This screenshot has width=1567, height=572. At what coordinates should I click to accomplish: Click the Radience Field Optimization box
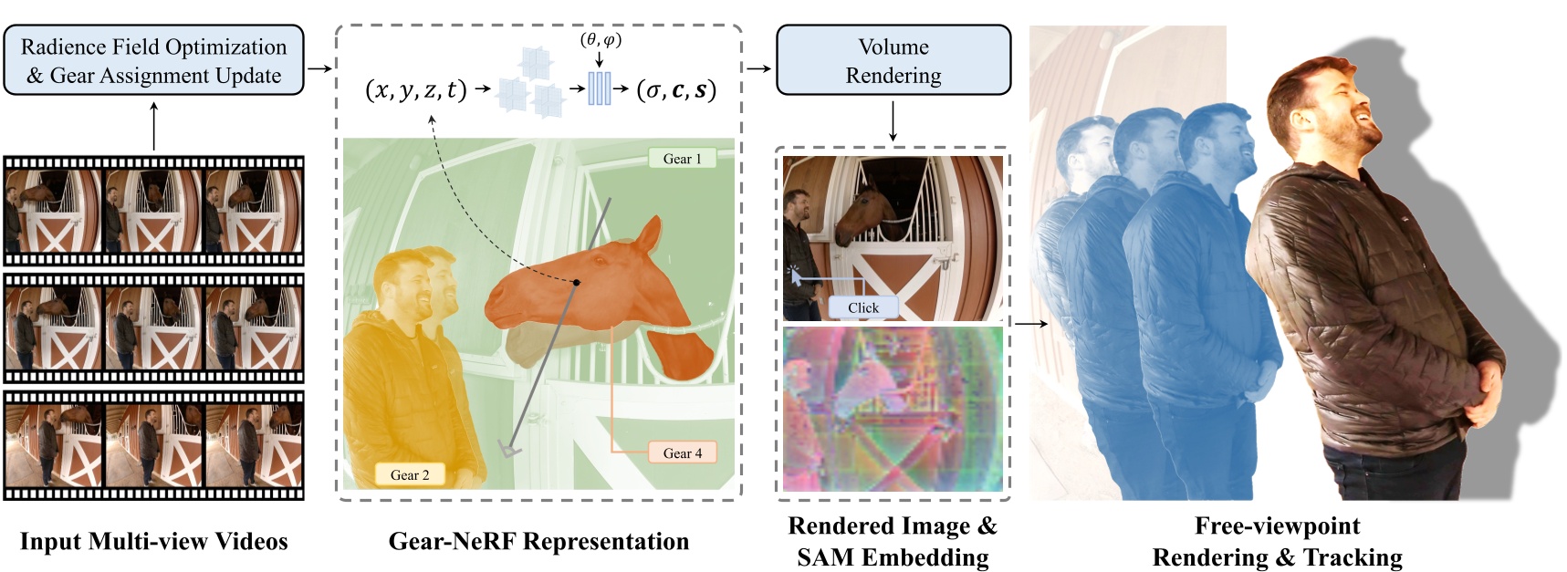(153, 60)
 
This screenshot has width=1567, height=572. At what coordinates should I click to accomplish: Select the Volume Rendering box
(893, 60)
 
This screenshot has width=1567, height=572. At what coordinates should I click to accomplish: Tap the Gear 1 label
(683, 159)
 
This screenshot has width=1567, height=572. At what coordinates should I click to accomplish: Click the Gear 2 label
(410, 474)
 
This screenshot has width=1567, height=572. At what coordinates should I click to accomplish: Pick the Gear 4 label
(683, 452)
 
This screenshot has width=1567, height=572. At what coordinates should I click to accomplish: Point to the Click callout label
(862, 307)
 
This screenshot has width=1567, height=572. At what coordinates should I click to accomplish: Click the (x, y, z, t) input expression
(415, 89)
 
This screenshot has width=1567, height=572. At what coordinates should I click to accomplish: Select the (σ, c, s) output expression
(676, 89)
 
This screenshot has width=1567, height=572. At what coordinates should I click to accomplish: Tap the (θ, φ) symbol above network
(601, 39)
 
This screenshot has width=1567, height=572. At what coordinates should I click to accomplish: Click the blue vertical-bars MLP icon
(599, 88)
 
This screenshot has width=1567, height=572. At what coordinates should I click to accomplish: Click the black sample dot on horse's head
(577, 283)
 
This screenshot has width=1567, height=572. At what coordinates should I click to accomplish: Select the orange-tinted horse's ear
(648, 235)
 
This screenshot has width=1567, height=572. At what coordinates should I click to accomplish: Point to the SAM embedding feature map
(893, 409)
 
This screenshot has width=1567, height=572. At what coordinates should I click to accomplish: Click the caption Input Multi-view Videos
(153, 541)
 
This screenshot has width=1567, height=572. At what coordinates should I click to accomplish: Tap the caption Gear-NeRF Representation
(538, 541)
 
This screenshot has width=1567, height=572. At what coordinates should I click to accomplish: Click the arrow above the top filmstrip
(153, 126)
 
